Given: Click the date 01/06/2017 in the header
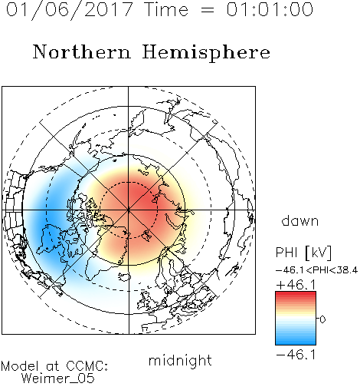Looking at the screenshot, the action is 70,10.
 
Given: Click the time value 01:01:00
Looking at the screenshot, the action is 270,9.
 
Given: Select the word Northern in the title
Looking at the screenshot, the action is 82,51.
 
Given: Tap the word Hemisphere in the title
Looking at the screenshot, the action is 206,53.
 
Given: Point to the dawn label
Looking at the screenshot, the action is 300,220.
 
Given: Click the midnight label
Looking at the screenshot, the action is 180,360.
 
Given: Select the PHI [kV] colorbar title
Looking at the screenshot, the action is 303,253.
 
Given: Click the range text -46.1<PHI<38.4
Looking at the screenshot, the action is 316,270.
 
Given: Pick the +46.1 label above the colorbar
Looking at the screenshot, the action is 296,285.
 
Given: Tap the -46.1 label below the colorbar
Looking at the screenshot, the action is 296,355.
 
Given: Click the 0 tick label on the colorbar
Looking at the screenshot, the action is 322,319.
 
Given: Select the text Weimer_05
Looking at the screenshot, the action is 58,378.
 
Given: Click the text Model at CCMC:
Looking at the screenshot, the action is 54,366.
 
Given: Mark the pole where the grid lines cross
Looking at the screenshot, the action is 129,210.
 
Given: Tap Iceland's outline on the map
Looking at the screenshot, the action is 125,277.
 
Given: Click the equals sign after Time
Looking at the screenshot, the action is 207,10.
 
